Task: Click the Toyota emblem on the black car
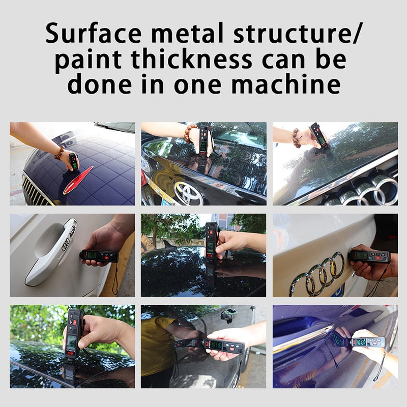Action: (188, 193)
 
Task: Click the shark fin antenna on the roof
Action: (167, 245)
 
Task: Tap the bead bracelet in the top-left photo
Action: (60, 152)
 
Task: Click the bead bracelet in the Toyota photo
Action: (190, 133)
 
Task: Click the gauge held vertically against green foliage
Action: (73, 333)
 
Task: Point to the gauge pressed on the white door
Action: (99, 256)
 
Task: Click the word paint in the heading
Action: (88, 60)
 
